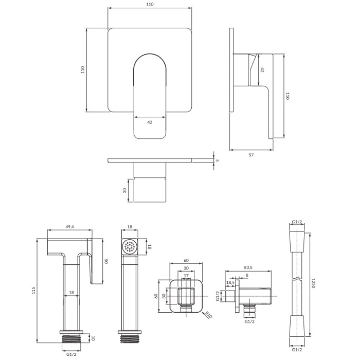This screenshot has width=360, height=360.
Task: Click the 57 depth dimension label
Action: tap(251, 155)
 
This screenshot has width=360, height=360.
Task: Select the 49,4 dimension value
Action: tap(70, 227)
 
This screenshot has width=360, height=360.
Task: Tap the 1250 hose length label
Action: tap(313, 283)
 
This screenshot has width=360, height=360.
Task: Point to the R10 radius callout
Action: tap(208, 315)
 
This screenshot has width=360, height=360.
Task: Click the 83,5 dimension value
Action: tap(248, 267)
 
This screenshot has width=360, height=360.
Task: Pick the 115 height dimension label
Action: tap(34, 291)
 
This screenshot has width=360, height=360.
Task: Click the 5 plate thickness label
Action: tap(218, 160)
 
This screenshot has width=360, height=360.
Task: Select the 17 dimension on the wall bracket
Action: tap(186, 276)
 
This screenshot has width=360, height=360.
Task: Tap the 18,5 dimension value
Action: tap(230, 282)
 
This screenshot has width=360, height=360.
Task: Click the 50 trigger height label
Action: tap(106, 261)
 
